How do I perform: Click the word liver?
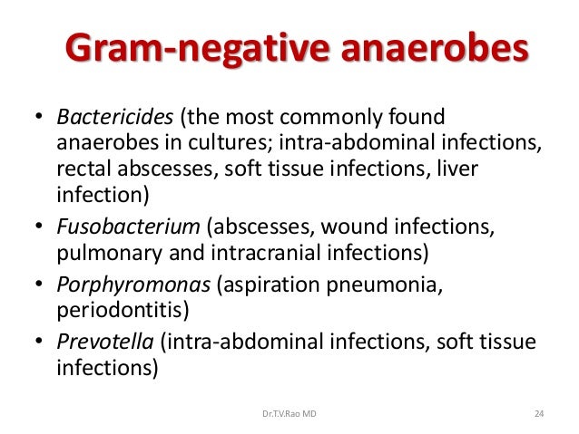click(x=460, y=169)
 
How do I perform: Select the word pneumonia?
click(x=399, y=286)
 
